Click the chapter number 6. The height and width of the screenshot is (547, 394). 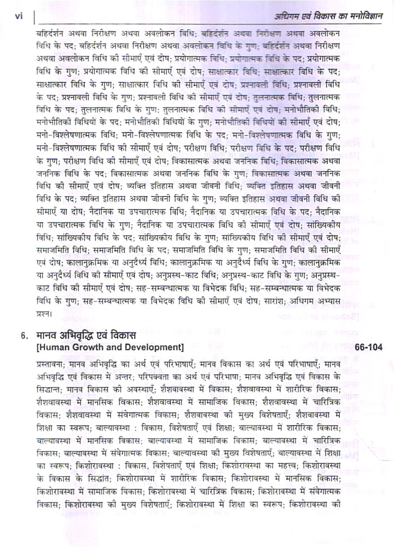coord(25,336)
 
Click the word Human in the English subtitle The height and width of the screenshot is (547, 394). coord(53,347)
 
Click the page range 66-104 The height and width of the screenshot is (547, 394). coord(368,347)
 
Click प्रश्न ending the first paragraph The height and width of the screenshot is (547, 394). coord(43,314)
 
